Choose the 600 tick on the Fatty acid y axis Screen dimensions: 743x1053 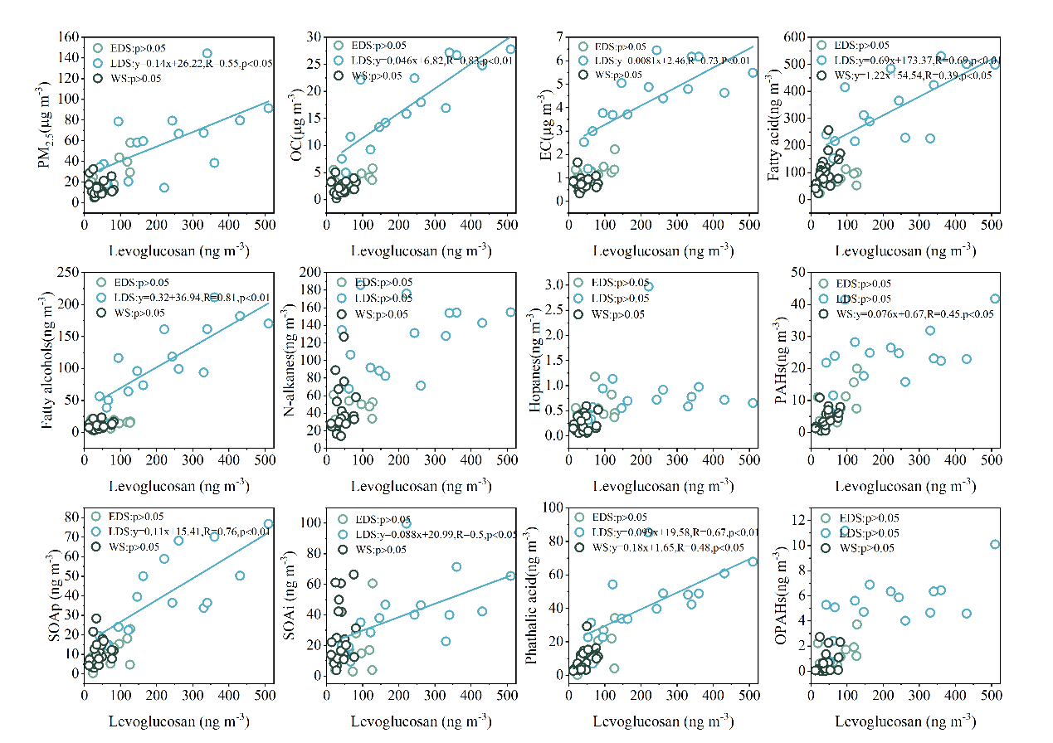coord(795,38)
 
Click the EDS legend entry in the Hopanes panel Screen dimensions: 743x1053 coord(618,283)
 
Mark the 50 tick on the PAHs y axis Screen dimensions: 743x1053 coord(797,273)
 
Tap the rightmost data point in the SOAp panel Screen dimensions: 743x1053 coord(268,525)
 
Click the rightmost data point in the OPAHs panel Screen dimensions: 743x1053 coord(995,545)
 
